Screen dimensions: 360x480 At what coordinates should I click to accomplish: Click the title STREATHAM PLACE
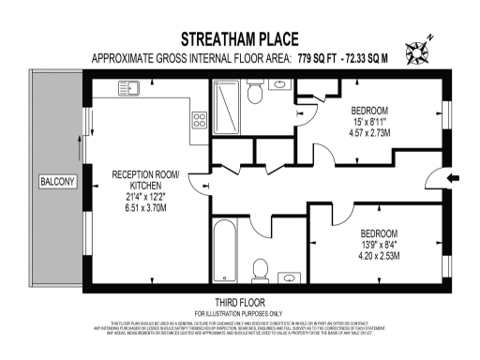(x=240, y=39)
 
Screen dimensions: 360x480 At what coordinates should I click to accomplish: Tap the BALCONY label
(x=58, y=181)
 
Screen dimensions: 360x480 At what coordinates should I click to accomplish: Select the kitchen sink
(x=130, y=89)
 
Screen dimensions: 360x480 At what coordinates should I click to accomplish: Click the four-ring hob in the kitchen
(x=199, y=119)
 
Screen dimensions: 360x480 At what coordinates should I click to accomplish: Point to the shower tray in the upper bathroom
(x=229, y=108)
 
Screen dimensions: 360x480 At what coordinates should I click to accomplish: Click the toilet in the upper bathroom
(x=255, y=91)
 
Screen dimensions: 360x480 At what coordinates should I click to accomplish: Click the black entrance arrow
(x=453, y=178)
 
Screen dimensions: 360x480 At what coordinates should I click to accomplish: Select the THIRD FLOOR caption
(x=240, y=302)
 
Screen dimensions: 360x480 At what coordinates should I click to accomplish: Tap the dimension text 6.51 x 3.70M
(x=145, y=207)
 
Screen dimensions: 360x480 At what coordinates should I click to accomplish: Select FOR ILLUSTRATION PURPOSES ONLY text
(x=240, y=312)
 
